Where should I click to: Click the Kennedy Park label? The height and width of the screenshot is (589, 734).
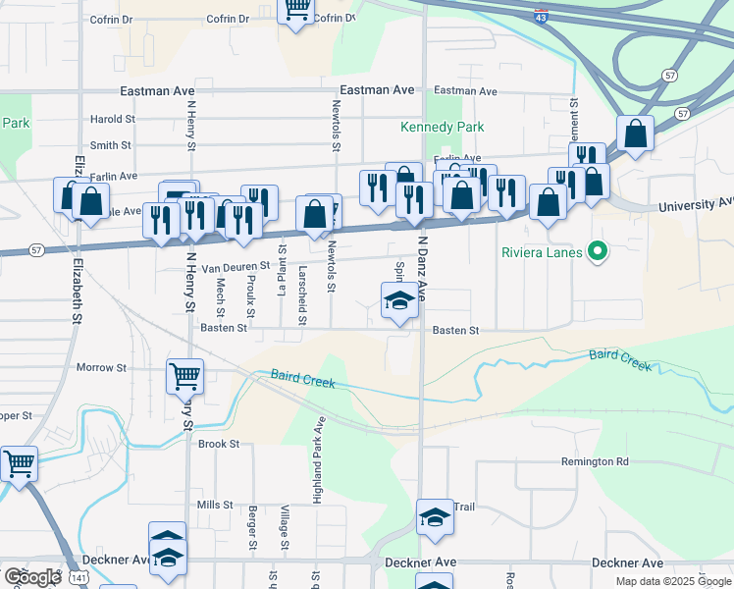[443, 128]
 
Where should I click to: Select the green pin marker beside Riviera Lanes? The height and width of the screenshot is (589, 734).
[596, 252]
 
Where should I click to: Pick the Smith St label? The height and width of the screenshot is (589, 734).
[111, 145]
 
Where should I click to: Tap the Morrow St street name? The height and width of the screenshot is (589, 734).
[102, 368]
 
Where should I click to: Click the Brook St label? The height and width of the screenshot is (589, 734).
[219, 444]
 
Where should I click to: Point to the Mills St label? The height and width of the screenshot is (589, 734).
[214, 505]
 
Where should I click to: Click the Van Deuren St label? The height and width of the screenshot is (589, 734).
[235, 267]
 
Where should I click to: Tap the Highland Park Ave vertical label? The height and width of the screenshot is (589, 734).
[318, 460]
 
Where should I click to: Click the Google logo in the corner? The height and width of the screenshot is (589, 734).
[32, 577]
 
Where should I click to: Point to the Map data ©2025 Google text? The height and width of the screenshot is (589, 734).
[673, 581]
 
